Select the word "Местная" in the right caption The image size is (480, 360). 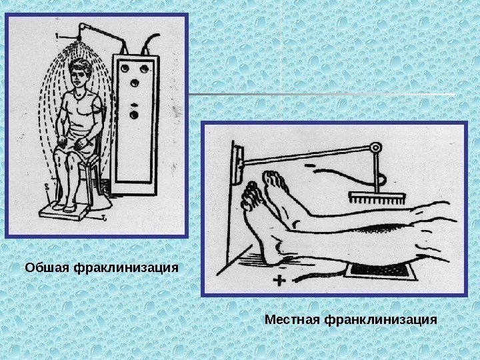[291, 320]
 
